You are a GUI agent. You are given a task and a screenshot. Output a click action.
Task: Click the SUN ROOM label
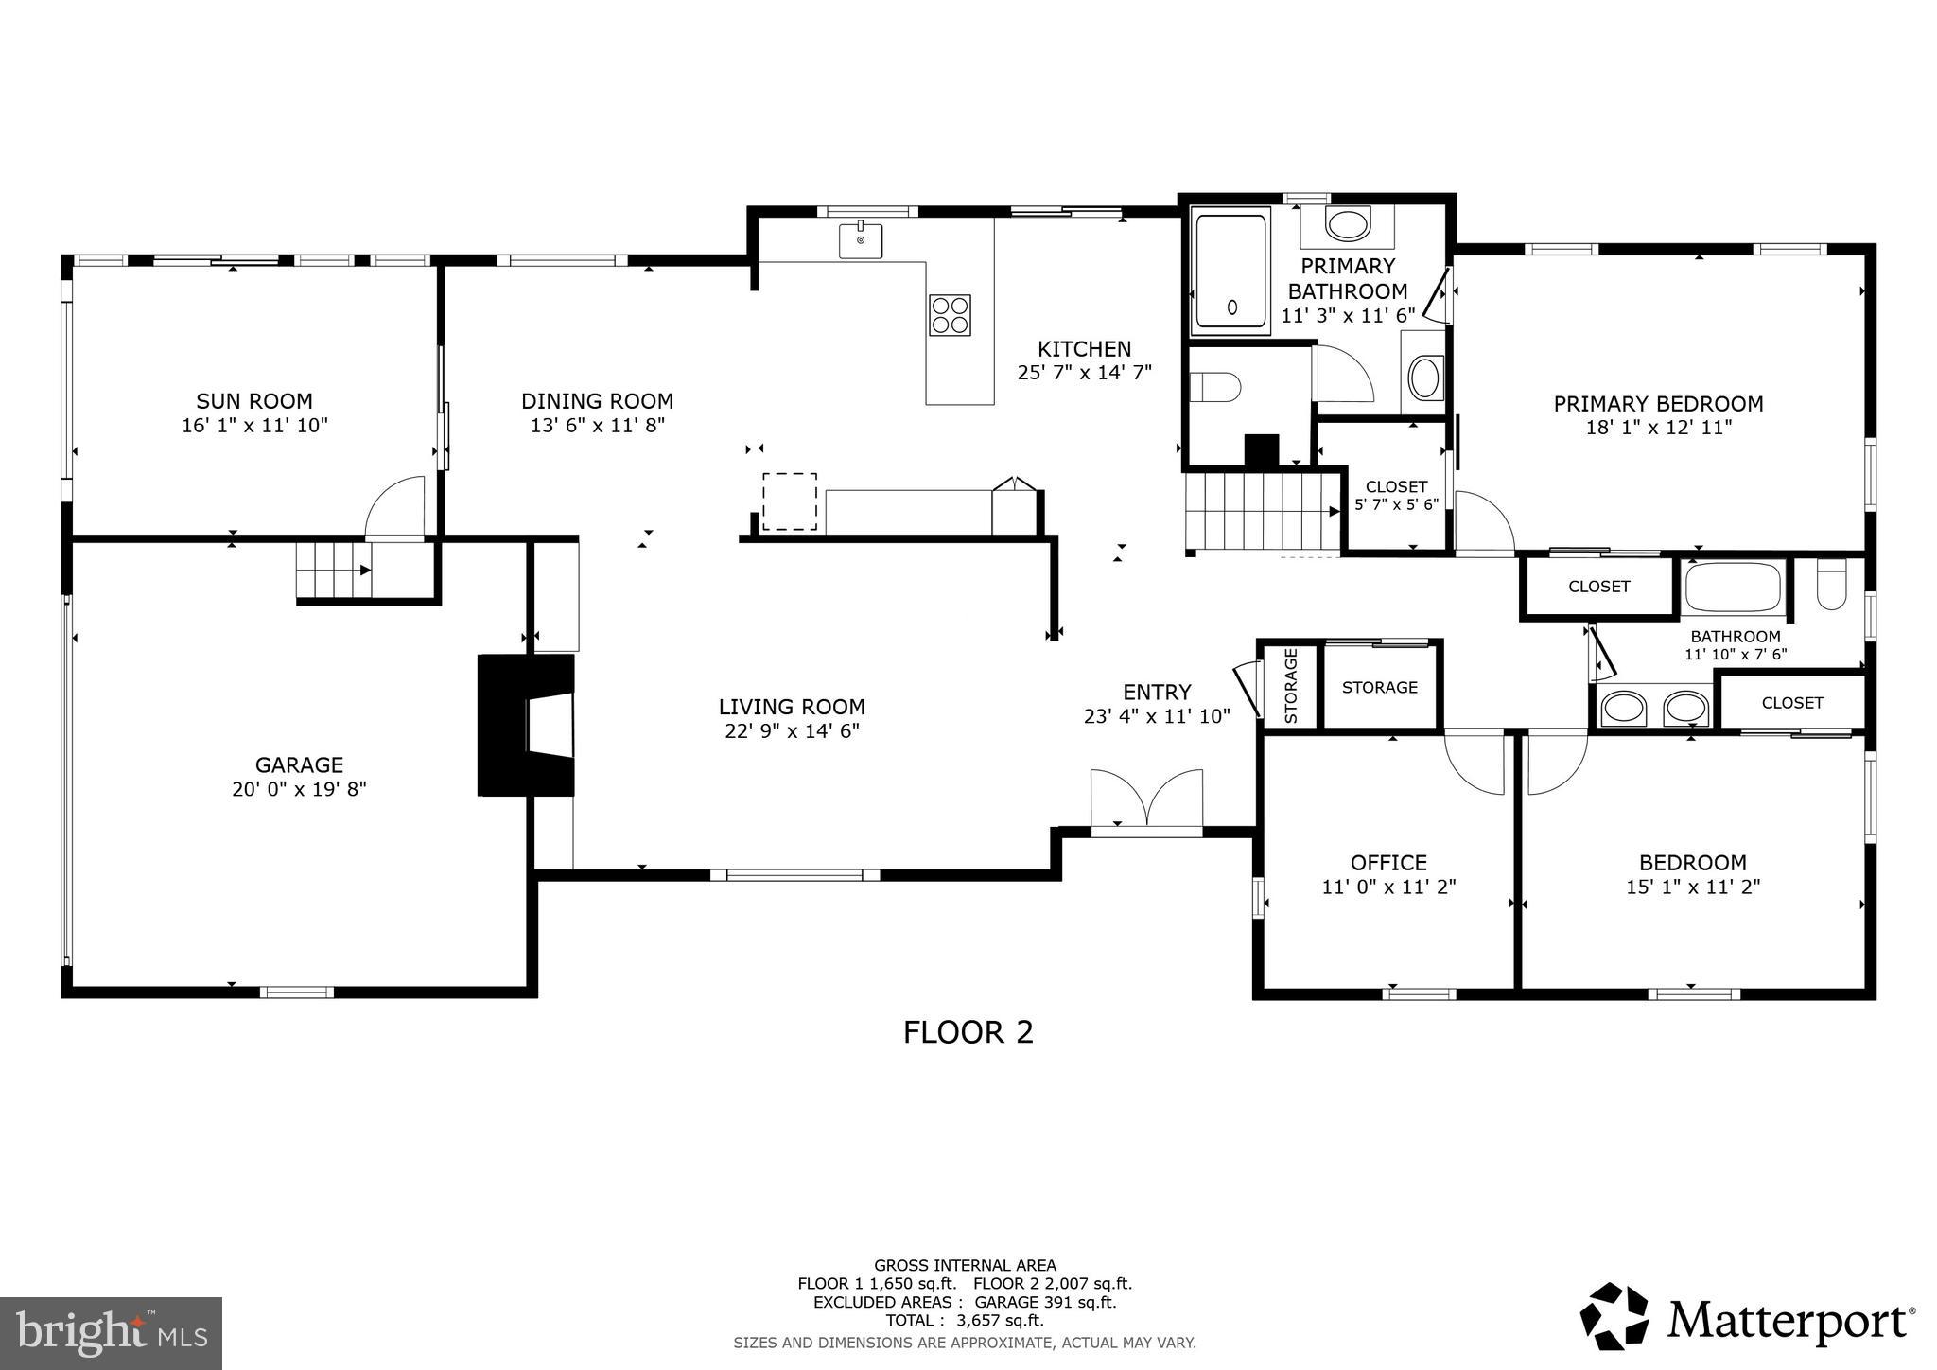click(253, 401)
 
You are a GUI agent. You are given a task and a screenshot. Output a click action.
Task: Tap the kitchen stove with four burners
click(950, 315)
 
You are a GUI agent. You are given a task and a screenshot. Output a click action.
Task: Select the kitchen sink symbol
click(861, 240)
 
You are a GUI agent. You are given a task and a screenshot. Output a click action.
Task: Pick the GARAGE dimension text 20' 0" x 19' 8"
click(299, 789)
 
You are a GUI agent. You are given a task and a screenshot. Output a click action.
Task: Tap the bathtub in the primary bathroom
click(1230, 272)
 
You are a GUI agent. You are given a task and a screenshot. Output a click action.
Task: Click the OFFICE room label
click(1388, 862)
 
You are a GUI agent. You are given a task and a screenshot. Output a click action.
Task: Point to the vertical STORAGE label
click(1291, 686)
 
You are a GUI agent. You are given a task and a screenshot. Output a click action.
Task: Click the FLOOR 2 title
click(968, 1032)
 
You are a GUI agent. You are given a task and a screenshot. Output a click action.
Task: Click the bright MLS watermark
click(112, 1333)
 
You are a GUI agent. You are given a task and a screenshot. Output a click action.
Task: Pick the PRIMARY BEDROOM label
click(1658, 404)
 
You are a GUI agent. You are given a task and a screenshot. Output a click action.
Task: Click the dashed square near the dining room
click(790, 501)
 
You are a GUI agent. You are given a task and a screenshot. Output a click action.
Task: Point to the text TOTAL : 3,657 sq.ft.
click(965, 1321)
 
